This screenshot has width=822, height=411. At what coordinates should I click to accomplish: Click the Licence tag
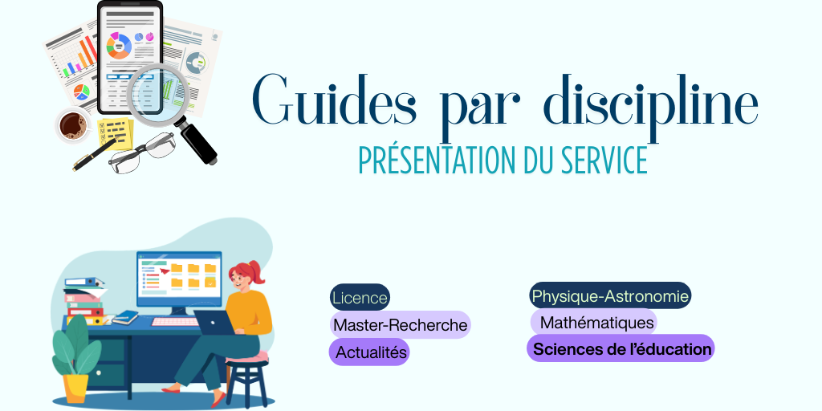point(360,298)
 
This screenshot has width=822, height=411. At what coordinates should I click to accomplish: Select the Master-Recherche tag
point(400,325)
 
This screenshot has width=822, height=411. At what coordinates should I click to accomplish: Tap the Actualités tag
point(369,352)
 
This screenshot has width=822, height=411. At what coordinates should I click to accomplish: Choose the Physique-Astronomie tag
point(610,296)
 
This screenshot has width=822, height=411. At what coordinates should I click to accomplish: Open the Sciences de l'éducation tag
point(621,349)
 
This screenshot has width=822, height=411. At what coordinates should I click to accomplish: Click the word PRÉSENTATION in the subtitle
point(434,161)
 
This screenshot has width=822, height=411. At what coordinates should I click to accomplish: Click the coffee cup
point(73,125)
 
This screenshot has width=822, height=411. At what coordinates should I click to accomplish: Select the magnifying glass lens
point(157,90)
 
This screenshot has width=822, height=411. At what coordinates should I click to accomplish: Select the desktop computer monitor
point(178,277)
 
